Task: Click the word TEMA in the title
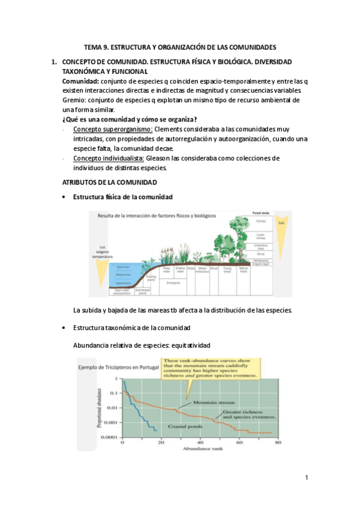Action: pyautogui.click(x=93, y=46)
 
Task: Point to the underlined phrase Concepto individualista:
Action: pyautogui.click(x=108, y=158)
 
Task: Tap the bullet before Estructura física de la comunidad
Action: pyautogui.click(x=64, y=197)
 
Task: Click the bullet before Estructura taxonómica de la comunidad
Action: pyautogui.click(x=64, y=328)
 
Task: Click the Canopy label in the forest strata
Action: pyautogui.click(x=260, y=222)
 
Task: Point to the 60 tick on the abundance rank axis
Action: pyautogui.click(x=239, y=442)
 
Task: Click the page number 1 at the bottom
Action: pyautogui.click(x=307, y=478)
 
